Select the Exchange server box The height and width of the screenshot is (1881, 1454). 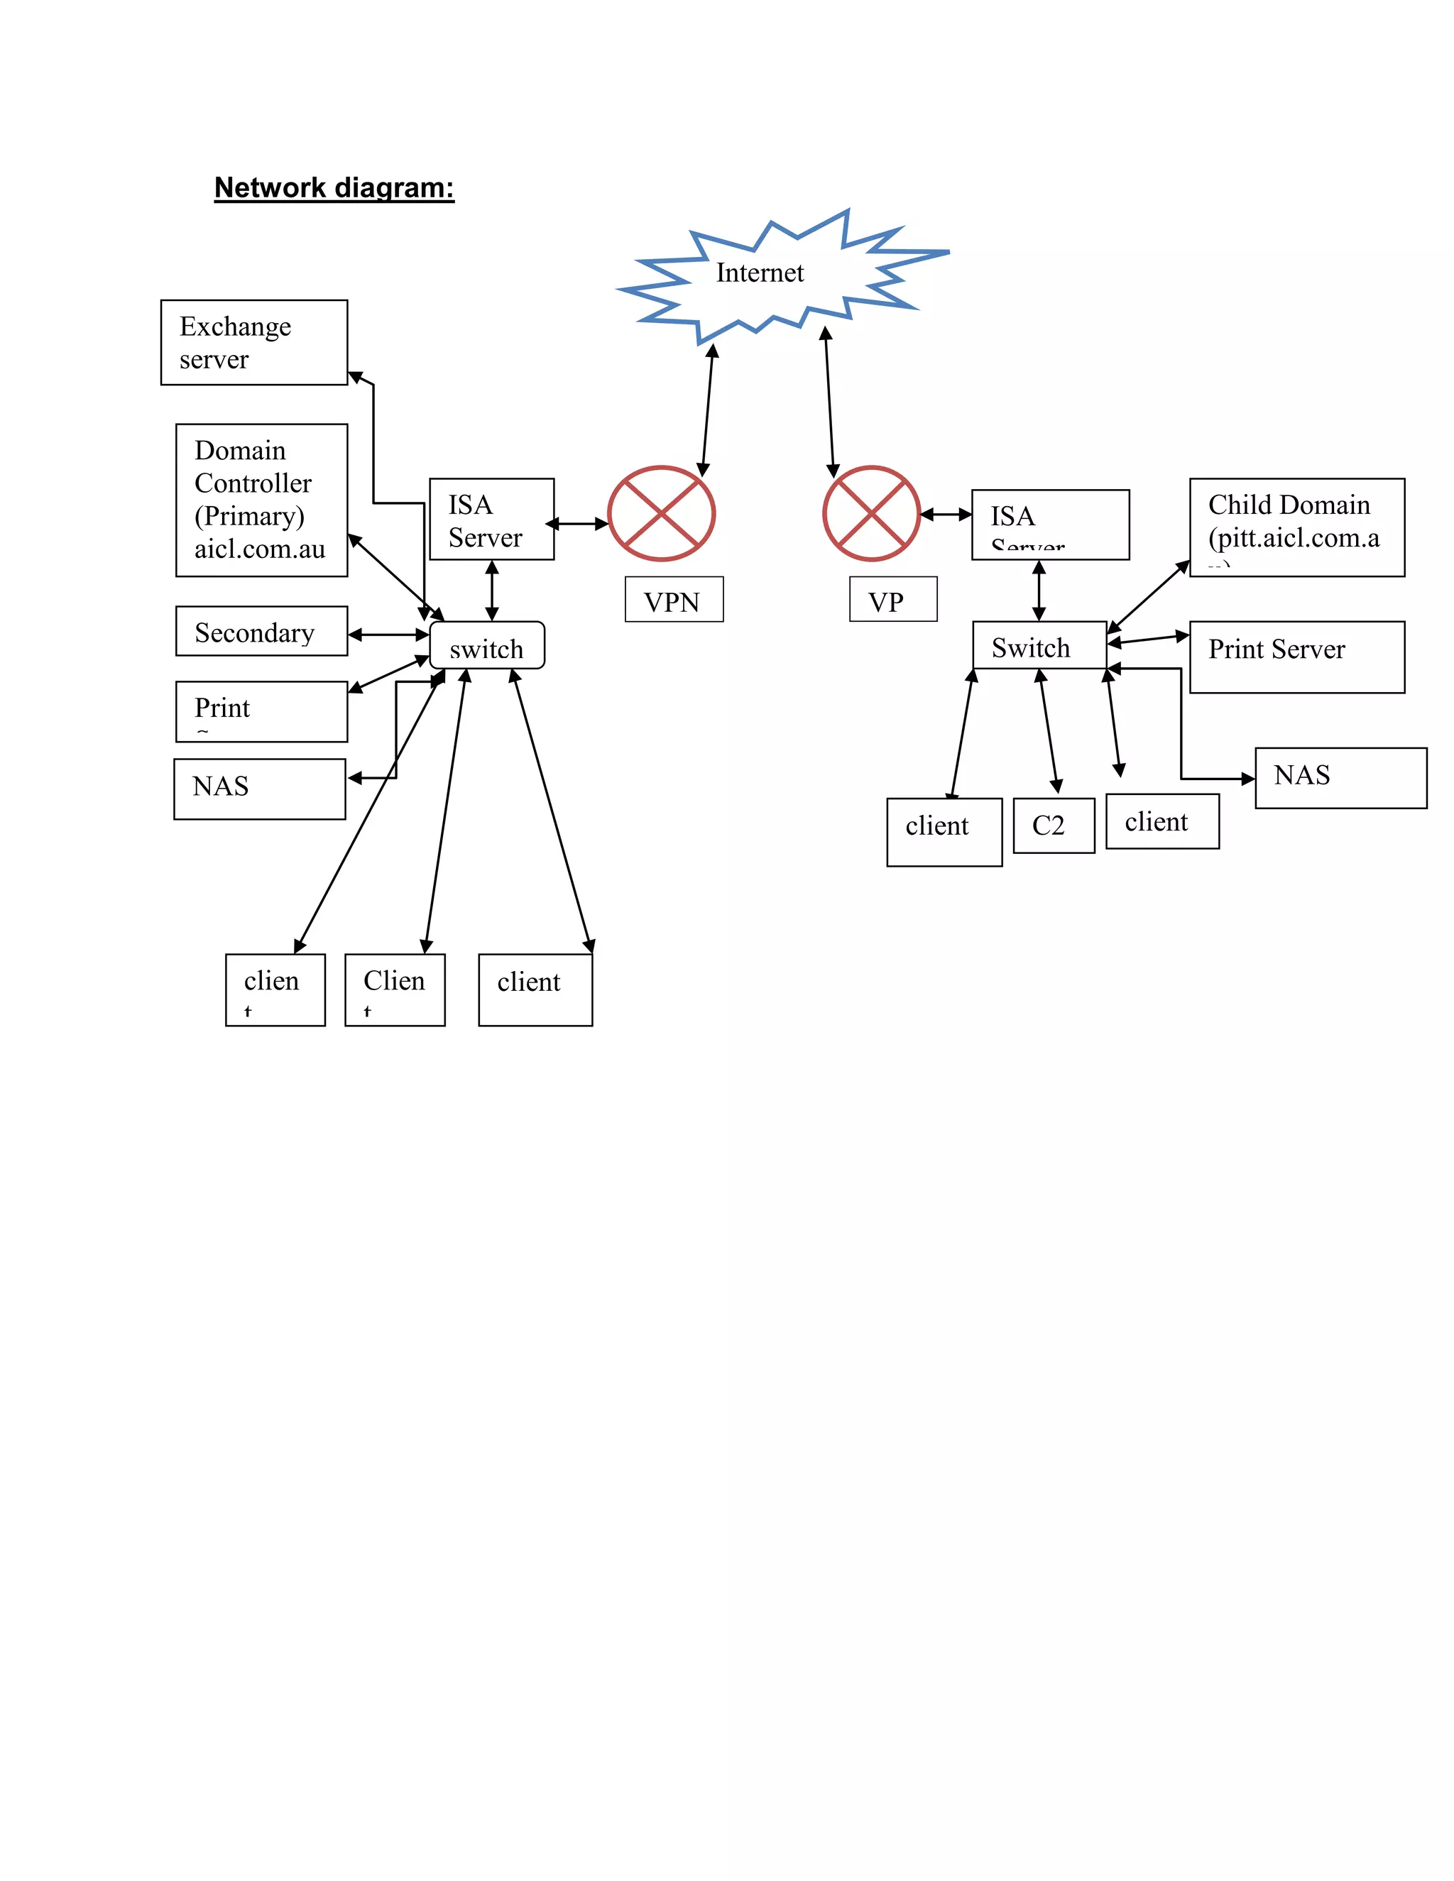[x=254, y=342]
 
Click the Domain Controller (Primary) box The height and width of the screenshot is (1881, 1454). [x=261, y=500]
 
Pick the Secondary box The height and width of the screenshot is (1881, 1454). [x=261, y=631]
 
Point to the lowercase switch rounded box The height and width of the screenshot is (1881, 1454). [x=486, y=645]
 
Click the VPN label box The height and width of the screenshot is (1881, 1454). [x=674, y=600]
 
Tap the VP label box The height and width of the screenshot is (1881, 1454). [x=892, y=600]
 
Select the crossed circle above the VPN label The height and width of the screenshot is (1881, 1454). [x=661, y=514]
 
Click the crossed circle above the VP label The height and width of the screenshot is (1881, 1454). [x=871, y=514]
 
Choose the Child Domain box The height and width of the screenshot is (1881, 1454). [x=1296, y=527]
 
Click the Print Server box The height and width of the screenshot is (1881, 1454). [x=1296, y=657]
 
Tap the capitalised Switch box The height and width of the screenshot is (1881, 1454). [x=1039, y=645]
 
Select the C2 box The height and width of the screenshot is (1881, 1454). [x=1053, y=825]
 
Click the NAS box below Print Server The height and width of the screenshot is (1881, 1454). [x=1340, y=778]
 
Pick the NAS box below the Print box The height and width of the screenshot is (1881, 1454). [x=259, y=789]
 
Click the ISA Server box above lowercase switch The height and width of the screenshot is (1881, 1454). [x=491, y=520]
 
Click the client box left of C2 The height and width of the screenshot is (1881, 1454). [x=944, y=831]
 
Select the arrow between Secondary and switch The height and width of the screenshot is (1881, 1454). [x=388, y=635]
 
